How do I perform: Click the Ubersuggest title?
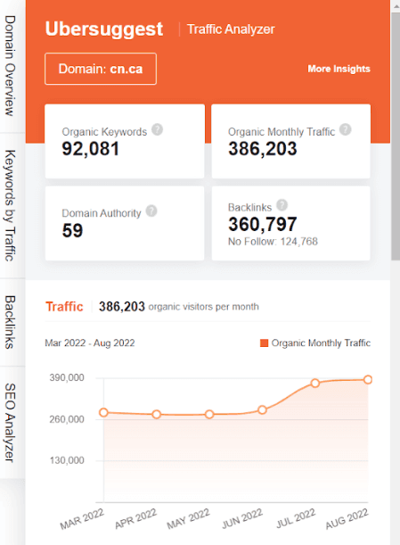click(x=104, y=29)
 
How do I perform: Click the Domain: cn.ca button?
click(x=101, y=69)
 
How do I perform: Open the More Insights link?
click(x=339, y=69)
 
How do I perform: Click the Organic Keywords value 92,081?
click(x=91, y=149)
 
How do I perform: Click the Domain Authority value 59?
click(x=72, y=231)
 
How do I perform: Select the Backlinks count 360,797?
click(x=263, y=225)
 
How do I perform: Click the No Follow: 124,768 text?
click(x=273, y=242)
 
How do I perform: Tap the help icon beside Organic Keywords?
click(x=157, y=129)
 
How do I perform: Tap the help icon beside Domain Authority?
click(x=151, y=211)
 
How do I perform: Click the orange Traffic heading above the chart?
click(x=63, y=307)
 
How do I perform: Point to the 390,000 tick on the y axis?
click(x=65, y=378)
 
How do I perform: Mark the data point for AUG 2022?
click(x=368, y=379)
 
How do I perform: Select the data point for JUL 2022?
click(x=315, y=383)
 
